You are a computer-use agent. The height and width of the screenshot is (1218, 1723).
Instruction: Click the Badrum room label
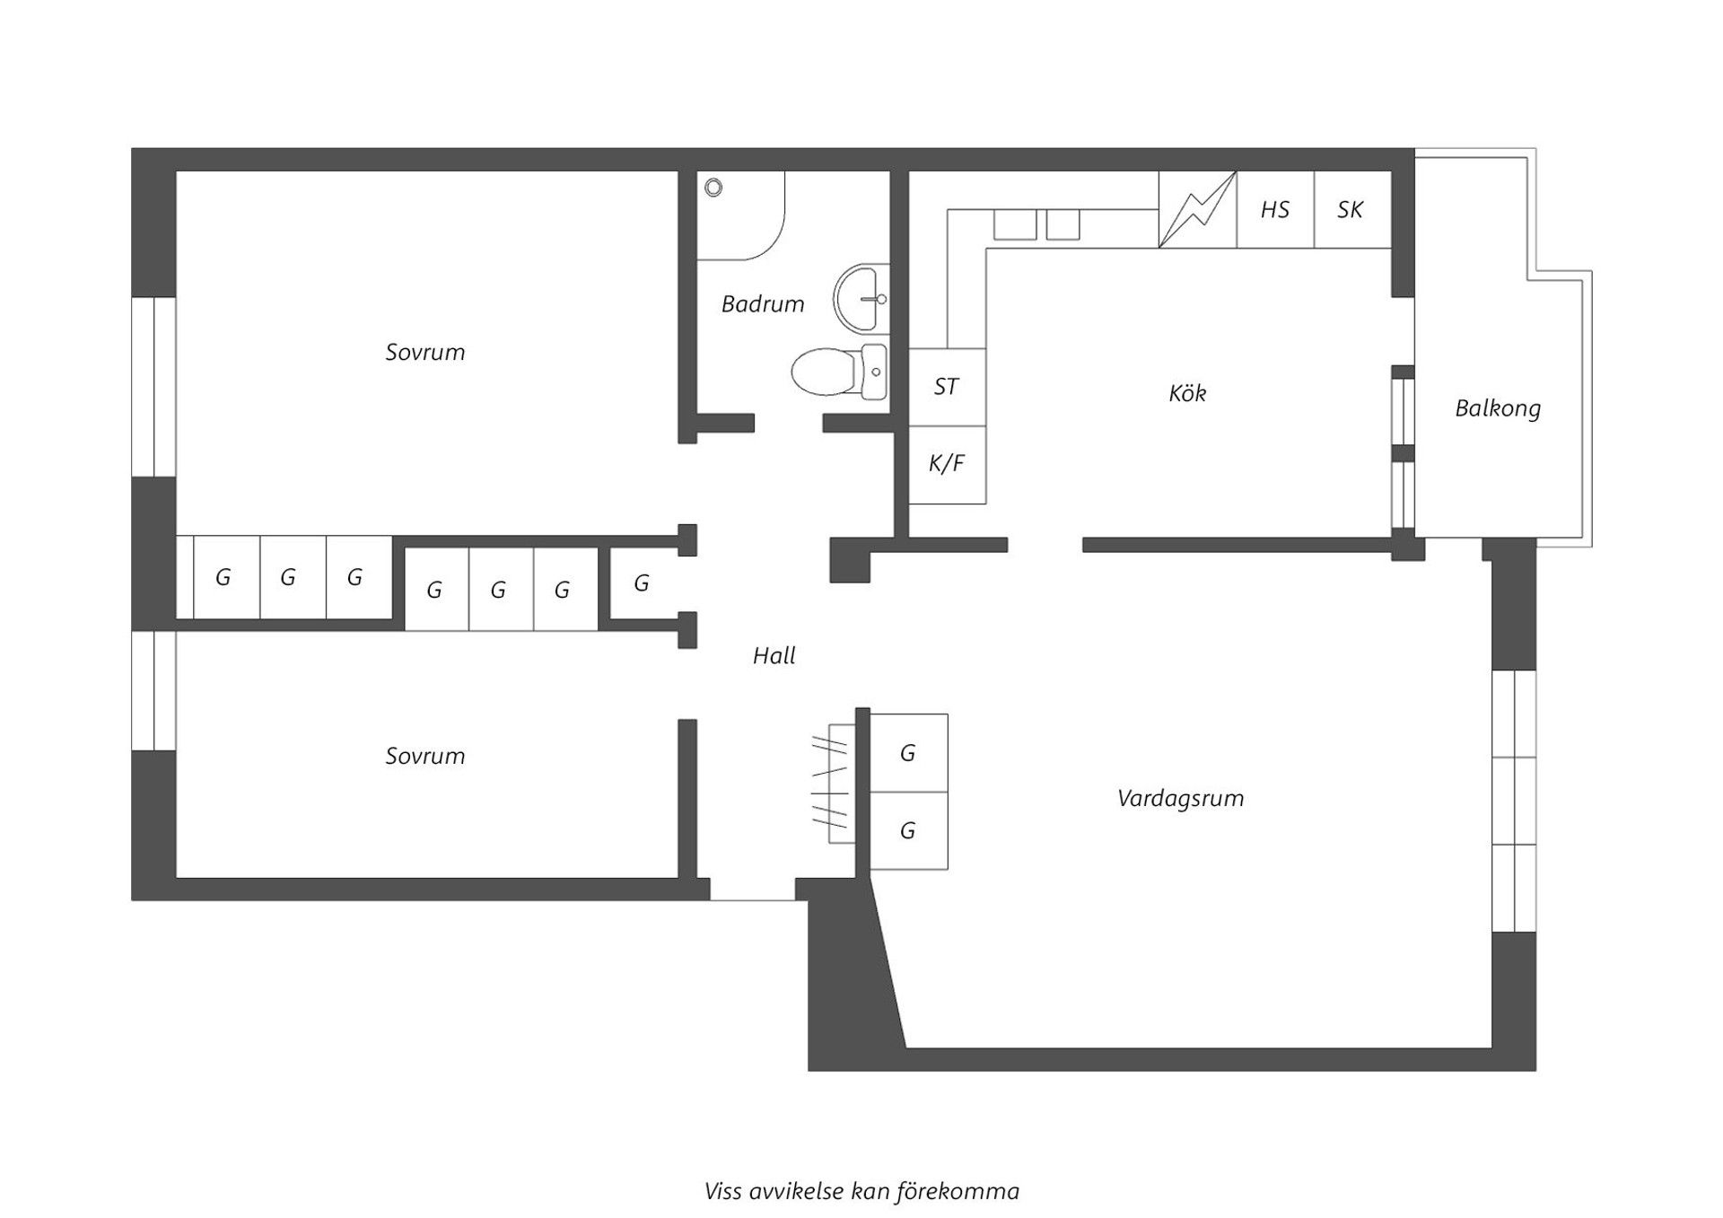(x=763, y=304)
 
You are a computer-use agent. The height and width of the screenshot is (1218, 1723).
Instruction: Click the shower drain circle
(x=713, y=188)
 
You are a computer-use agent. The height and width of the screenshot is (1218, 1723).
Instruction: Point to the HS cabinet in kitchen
(x=1275, y=210)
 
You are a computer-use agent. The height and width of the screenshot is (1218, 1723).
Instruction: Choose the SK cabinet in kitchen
(x=1351, y=210)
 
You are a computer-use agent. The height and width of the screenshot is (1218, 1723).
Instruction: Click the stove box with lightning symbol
(x=1197, y=210)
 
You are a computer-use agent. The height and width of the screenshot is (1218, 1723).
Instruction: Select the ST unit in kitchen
(x=947, y=387)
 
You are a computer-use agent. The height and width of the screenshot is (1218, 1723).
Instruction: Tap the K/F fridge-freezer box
(x=947, y=464)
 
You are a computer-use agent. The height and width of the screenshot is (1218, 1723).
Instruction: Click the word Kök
(x=1187, y=393)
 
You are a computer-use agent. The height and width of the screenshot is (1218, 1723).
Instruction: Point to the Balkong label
(x=1498, y=408)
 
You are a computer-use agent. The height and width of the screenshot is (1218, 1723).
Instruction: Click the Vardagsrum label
(x=1180, y=798)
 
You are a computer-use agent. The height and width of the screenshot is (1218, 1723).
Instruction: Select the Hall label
(x=774, y=656)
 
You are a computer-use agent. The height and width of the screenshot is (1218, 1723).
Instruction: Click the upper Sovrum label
(x=425, y=352)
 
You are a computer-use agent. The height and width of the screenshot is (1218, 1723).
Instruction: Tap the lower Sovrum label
(x=425, y=756)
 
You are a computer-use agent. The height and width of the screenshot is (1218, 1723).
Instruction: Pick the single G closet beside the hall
(x=642, y=583)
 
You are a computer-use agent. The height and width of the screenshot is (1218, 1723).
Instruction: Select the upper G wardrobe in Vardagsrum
(x=908, y=753)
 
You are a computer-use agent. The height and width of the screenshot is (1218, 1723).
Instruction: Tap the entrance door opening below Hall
(x=752, y=890)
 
